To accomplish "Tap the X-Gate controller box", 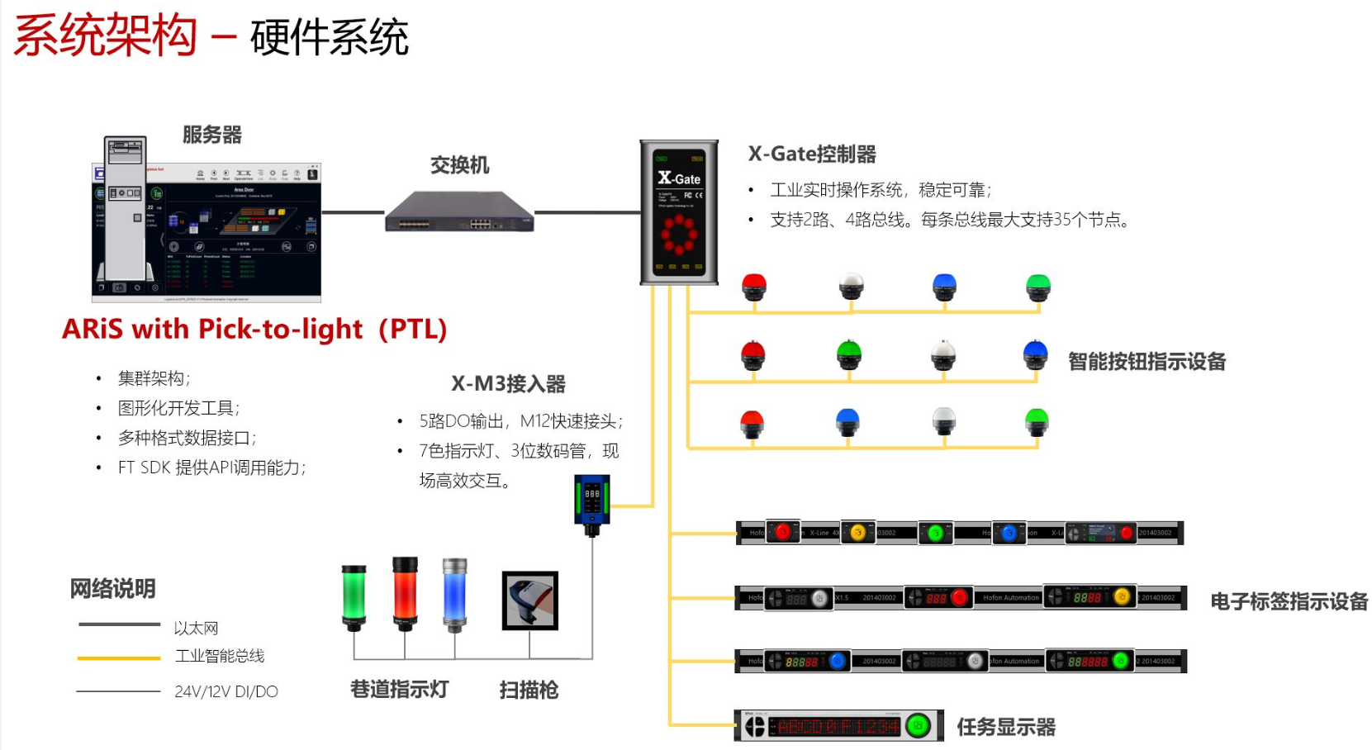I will [679, 212].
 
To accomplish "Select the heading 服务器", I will [212, 135].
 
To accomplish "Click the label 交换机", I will [459, 165].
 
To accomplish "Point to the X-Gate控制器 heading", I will [812, 154].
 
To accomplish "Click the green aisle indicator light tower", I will [354, 596].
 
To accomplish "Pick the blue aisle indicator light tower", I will [454, 593].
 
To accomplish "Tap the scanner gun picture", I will [530, 600].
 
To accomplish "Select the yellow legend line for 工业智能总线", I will [119, 658].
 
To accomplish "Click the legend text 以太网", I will [196, 629].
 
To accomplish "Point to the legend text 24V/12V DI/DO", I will [226, 691].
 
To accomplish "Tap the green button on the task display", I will [918, 726].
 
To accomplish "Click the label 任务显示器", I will [1006, 727].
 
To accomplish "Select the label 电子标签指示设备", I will [1289, 601].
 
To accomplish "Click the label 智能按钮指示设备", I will [1146, 362].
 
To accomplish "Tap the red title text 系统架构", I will [106, 36].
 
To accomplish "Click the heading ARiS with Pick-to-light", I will [254, 330].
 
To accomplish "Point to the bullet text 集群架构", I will [154, 378].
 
